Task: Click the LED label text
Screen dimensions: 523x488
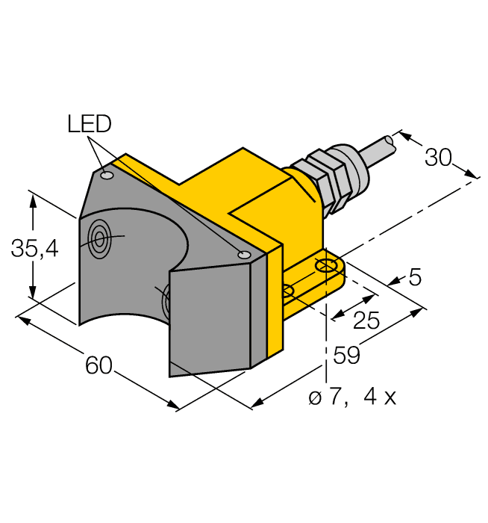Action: (89, 124)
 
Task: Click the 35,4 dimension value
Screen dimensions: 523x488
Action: (34, 249)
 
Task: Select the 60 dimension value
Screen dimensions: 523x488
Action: (98, 365)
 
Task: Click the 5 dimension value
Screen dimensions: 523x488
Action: (415, 278)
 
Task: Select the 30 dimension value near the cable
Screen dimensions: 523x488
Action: (439, 158)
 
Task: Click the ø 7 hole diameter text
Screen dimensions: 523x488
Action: (326, 397)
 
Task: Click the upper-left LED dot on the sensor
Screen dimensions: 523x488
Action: (107, 176)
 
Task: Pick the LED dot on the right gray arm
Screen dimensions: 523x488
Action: (243, 256)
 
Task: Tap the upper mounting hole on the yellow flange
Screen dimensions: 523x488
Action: (325, 265)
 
